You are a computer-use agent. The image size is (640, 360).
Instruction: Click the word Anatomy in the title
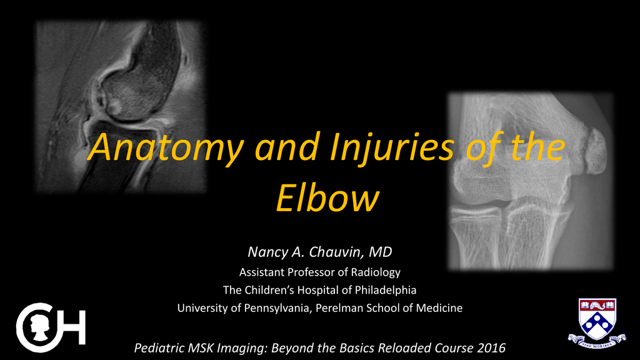(x=166, y=147)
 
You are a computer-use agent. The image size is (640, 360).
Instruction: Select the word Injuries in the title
(x=391, y=147)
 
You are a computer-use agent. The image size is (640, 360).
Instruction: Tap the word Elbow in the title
(x=327, y=198)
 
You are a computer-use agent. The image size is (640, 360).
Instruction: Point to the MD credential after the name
(x=381, y=252)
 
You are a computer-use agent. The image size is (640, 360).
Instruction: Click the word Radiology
(x=376, y=272)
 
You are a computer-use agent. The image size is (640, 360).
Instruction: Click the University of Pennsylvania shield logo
(x=597, y=323)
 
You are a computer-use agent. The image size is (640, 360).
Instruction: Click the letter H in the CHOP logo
(x=75, y=327)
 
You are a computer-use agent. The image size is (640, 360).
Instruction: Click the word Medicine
(x=439, y=307)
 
